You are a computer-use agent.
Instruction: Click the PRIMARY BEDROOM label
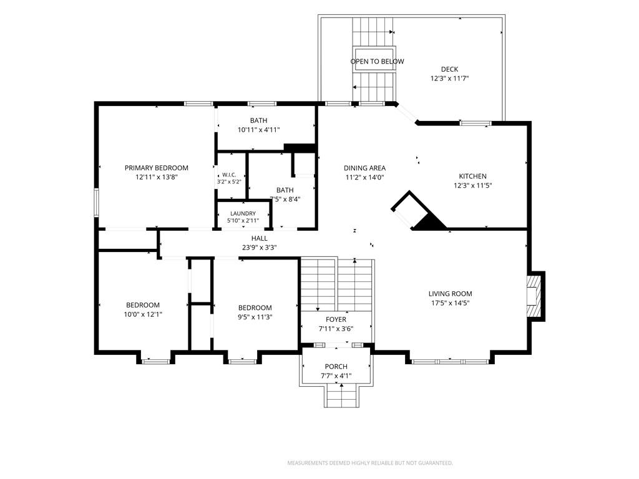(x=157, y=168)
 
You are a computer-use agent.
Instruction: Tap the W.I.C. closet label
(x=229, y=175)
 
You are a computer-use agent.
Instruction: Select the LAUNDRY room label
(x=243, y=213)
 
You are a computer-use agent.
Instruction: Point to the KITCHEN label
(x=473, y=177)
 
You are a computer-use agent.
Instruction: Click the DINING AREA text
(x=364, y=168)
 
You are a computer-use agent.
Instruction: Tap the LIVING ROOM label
(x=451, y=294)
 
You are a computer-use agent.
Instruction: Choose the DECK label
(x=449, y=69)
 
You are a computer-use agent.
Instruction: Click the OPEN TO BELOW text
(x=378, y=62)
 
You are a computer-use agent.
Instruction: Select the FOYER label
(x=336, y=320)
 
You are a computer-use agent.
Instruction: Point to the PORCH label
(x=336, y=367)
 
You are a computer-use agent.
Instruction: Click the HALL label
(x=260, y=238)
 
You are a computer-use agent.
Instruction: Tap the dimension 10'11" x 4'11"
(x=259, y=130)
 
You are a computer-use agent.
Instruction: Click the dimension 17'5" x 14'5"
(x=451, y=303)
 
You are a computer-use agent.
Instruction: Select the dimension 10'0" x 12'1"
(x=143, y=314)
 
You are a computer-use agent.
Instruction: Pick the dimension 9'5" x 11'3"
(x=255, y=317)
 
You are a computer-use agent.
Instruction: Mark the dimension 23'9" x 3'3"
(x=260, y=248)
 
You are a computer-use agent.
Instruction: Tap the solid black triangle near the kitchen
(x=429, y=223)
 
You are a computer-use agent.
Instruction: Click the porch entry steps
(x=342, y=396)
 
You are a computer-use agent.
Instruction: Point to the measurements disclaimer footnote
(x=370, y=463)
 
